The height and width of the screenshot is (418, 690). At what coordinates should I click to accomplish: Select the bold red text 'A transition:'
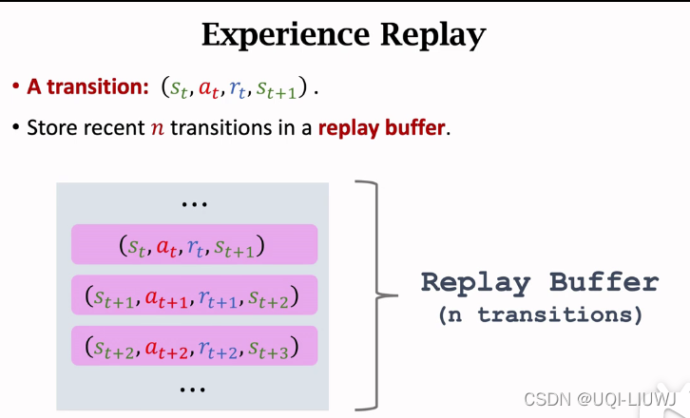[86, 87]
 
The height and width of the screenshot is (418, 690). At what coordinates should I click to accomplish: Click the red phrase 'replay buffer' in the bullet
[382, 126]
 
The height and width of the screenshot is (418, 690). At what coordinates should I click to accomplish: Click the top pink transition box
[193, 245]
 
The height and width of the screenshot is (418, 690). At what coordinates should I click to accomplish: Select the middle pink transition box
[193, 296]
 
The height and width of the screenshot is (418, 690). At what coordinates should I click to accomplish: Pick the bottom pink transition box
[193, 347]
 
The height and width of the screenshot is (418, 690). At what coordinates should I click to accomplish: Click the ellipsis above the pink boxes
[193, 204]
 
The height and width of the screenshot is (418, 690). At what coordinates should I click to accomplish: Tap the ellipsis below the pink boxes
[193, 389]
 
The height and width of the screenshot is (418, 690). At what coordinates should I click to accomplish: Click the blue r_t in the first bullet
[240, 89]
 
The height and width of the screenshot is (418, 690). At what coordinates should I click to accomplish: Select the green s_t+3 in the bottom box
[273, 349]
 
